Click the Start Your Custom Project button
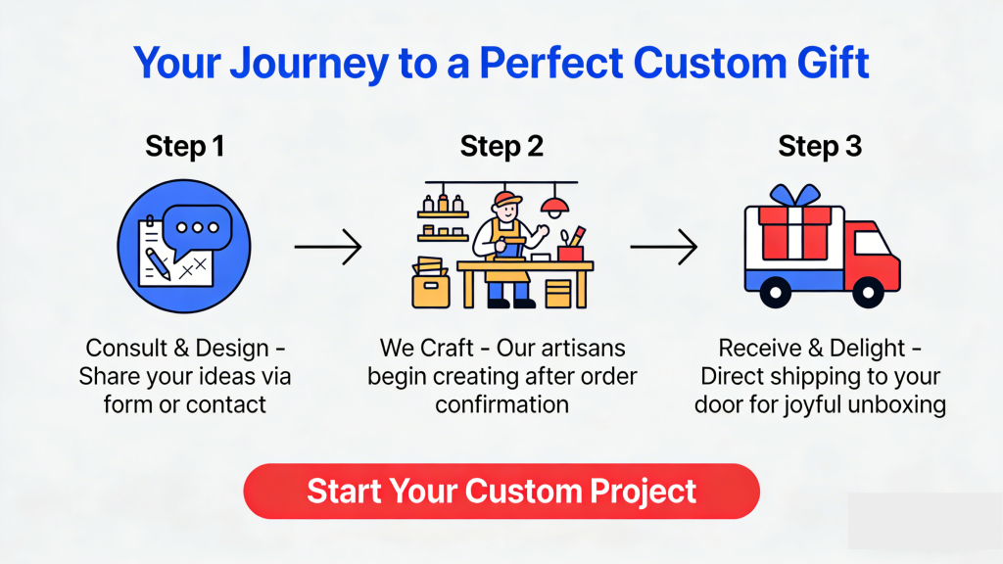(x=501, y=492)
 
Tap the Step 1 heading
(x=185, y=147)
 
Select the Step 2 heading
(x=501, y=147)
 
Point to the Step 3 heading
(x=820, y=147)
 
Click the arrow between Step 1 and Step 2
(x=328, y=247)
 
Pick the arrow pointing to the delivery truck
(x=663, y=247)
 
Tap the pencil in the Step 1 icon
(x=158, y=263)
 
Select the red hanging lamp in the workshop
(x=554, y=205)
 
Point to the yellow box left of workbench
(x=431, y=290)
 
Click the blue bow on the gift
(x=794, y=195)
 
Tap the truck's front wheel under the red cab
(x=868, y=293)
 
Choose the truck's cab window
(x=872, y=243)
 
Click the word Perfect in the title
(x=551, y=63)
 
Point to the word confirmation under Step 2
(x=502, y=404)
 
